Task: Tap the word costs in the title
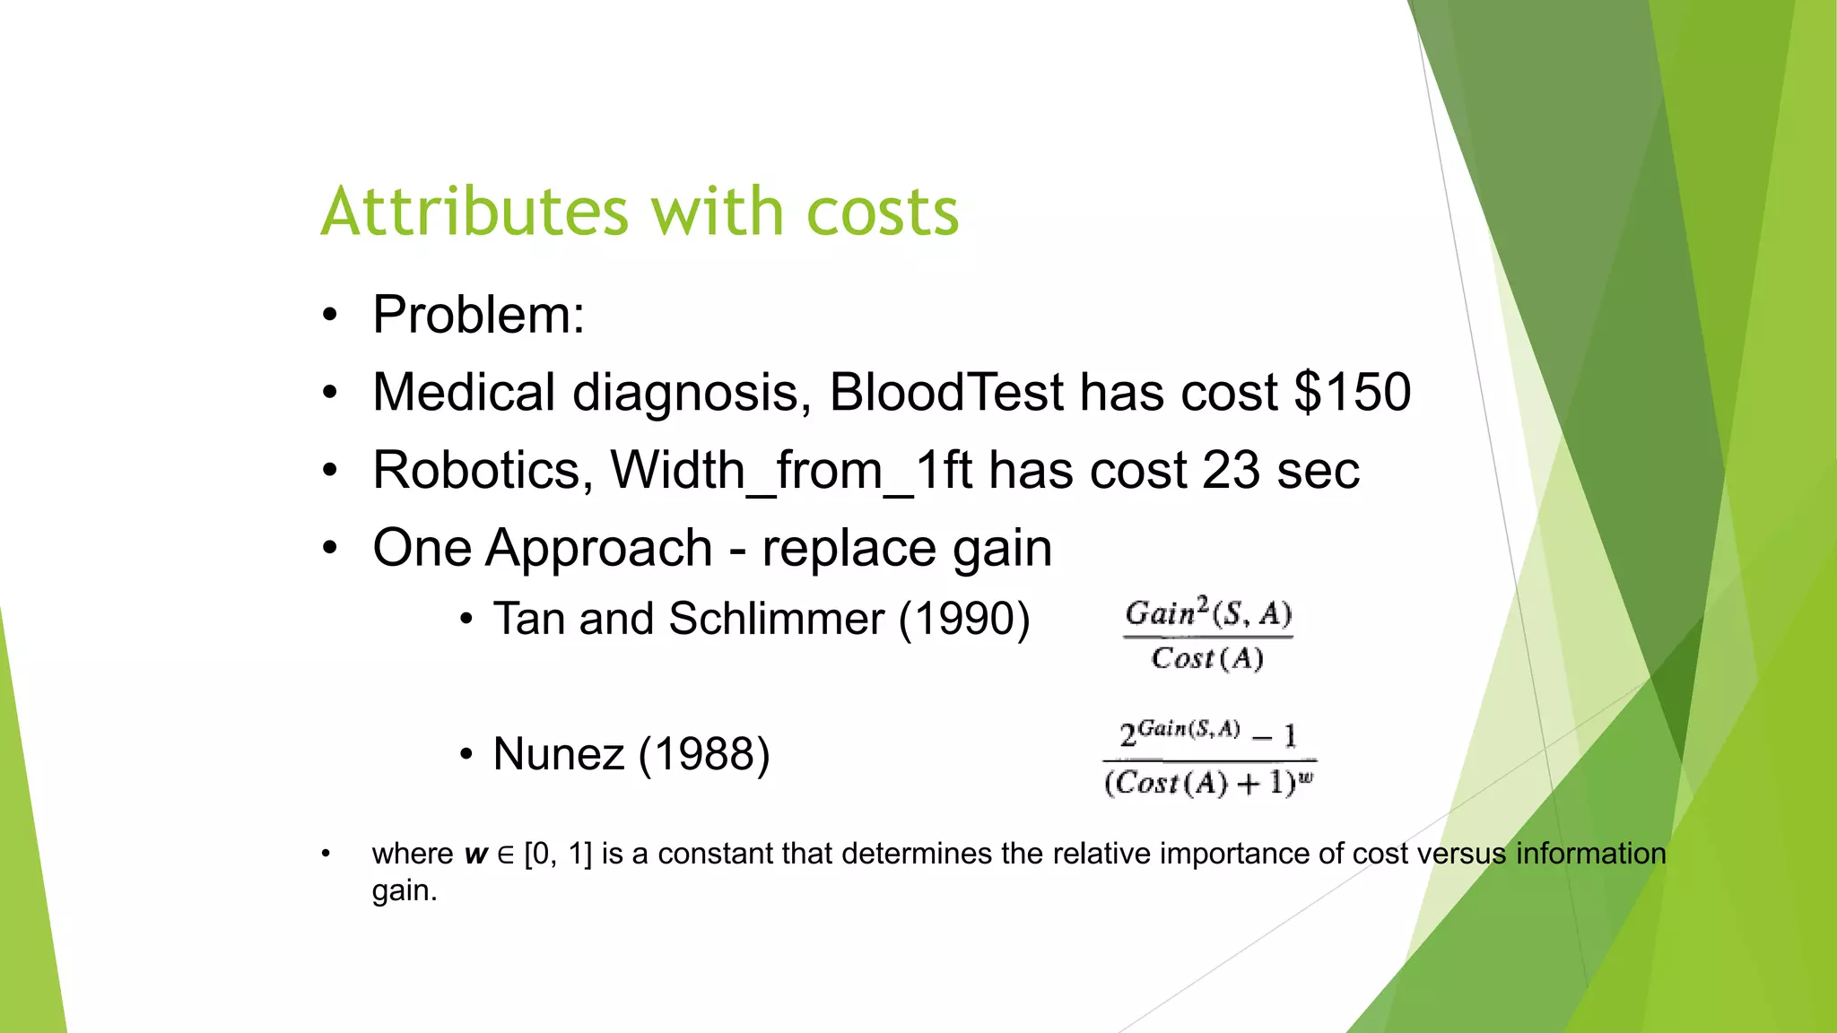point(883,213)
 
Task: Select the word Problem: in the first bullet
point(478,315)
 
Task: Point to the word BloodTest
point(945,392)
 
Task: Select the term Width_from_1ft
point(791,470)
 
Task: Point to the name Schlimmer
point(776,619)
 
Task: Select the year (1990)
point(964,619)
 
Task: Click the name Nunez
point(558,753)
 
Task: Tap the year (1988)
point(704,753)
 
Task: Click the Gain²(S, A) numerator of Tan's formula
point(1208,613)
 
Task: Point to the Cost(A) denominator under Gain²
point(1207,658)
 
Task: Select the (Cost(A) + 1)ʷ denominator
point(1208,783)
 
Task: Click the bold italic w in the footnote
point(475,854)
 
